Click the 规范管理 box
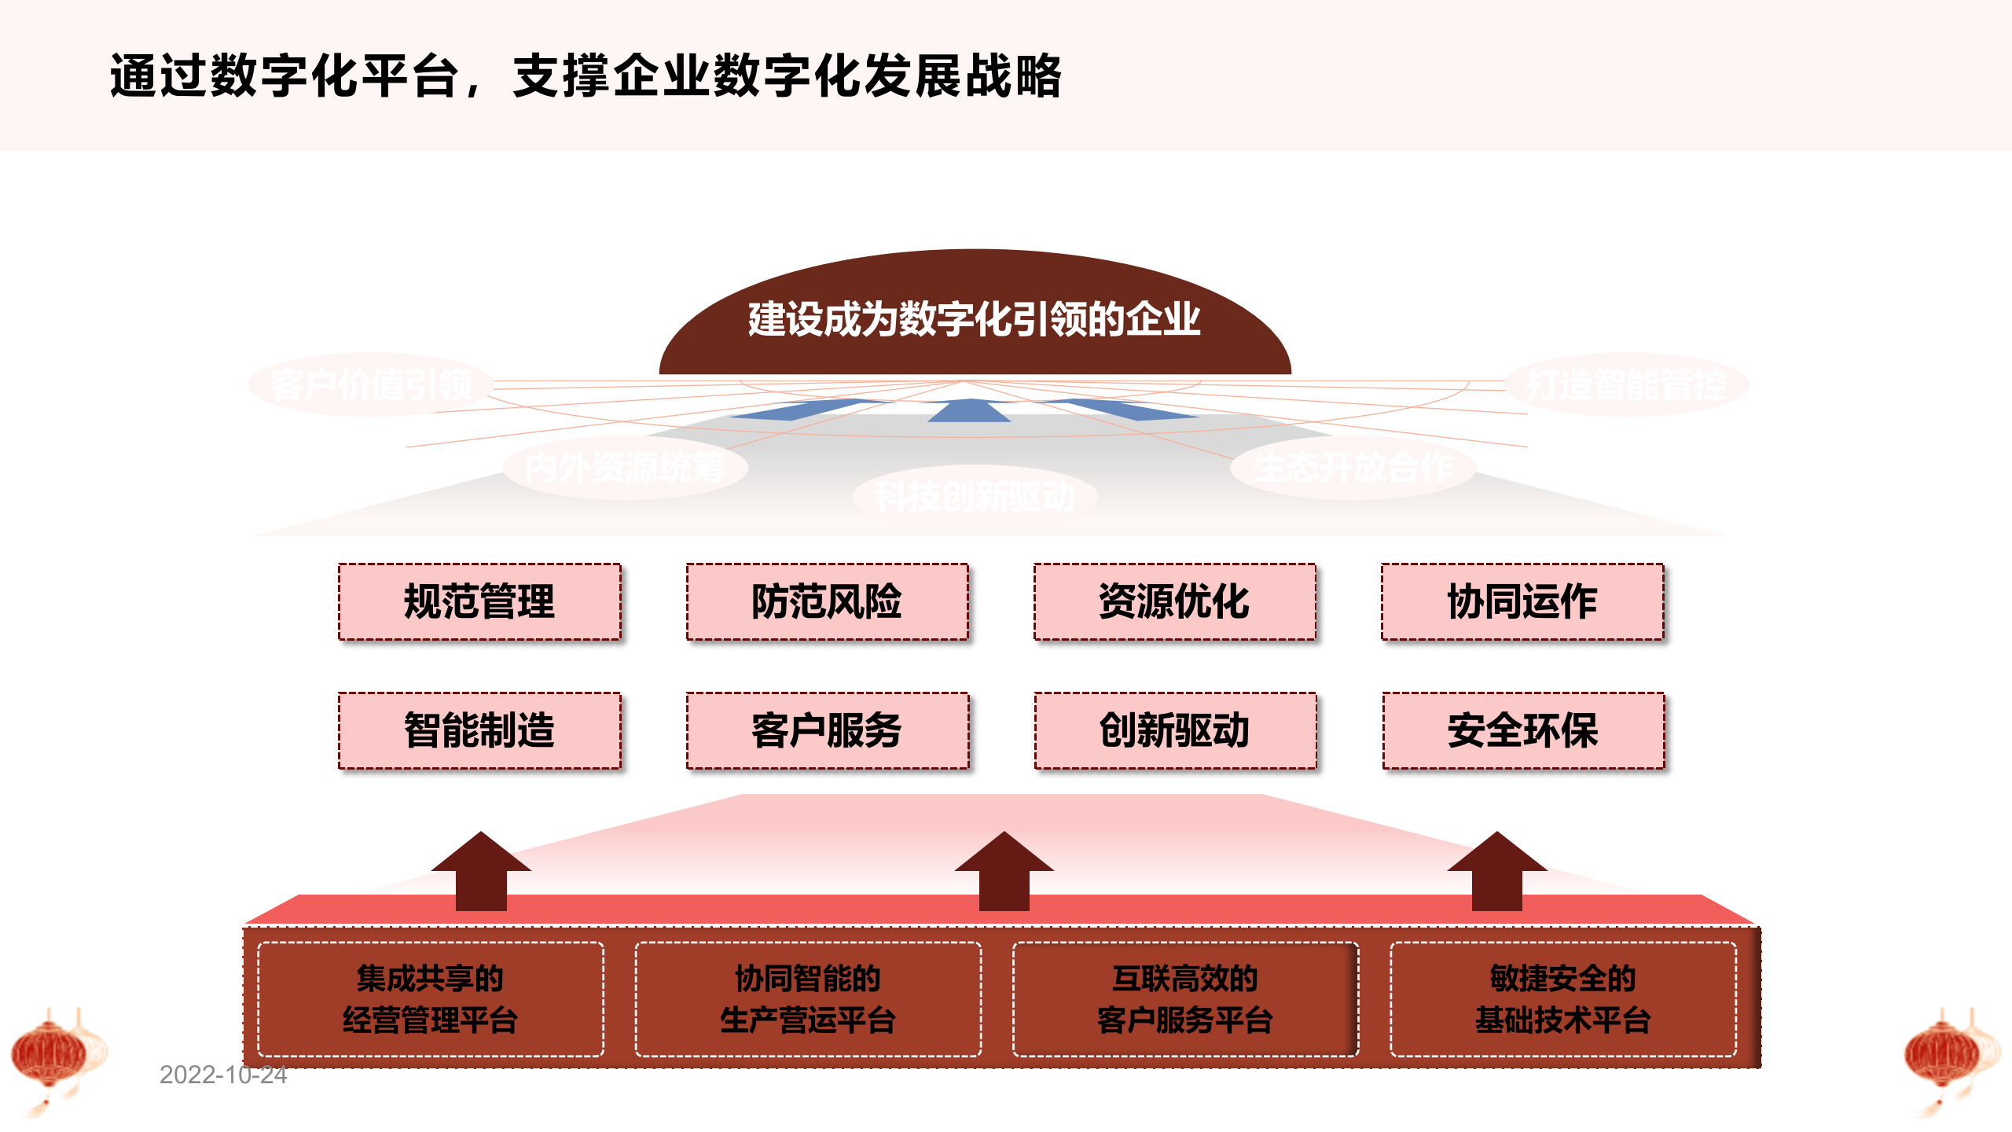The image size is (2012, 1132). (479, 601)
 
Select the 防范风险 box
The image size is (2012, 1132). (827, 601)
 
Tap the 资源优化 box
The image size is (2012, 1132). (1174, 601)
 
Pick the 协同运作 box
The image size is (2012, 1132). (1522, 601)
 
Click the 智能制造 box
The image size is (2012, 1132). (479, 730)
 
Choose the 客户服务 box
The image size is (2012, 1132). (827, 730)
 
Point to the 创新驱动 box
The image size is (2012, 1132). (1175, 730)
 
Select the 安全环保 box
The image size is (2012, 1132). (1523, 730)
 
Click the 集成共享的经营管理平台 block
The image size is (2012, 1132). (430, 999)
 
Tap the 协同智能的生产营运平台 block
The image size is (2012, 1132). (808, 999)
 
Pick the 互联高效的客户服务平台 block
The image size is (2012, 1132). (1185, 999)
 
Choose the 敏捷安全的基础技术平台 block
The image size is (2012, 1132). (1562, 999)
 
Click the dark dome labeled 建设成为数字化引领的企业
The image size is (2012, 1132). (975, 318)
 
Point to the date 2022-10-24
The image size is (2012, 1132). (223, 1075)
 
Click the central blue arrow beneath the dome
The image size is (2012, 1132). (970, 410)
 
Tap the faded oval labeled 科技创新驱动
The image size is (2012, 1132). (975, 496)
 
